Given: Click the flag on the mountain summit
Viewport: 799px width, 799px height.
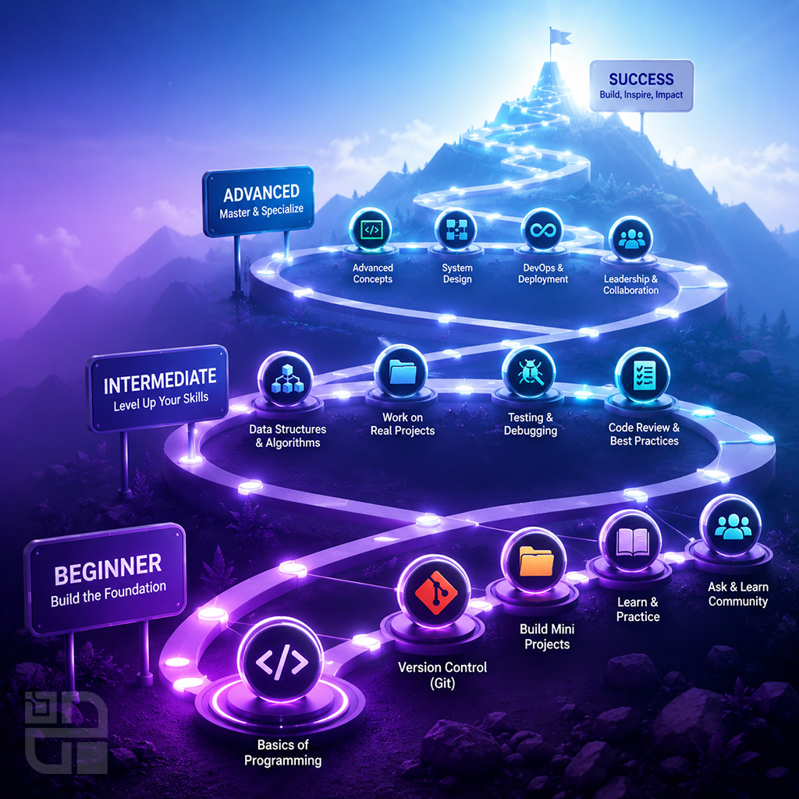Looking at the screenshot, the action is pos(559,37).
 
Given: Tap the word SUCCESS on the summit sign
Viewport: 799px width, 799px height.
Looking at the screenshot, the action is pos(641,79).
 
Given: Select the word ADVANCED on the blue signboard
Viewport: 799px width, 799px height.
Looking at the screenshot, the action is pos(261,194).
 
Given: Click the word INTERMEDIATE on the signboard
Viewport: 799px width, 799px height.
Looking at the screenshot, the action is pos(160,381).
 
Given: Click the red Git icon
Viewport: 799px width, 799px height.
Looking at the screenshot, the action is pos(435,591).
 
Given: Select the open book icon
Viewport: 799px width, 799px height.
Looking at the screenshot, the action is pos(632,542).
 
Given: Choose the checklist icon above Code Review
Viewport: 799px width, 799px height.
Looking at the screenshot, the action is pos(643,375).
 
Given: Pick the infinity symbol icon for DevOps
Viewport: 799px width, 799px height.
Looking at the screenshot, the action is pos(543,231).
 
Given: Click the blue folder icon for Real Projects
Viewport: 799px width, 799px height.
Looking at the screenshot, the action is pos(403,371).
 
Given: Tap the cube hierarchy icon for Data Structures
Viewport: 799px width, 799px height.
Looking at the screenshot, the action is pos(287,378).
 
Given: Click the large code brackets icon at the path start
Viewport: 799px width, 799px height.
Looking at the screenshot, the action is pos(281,662).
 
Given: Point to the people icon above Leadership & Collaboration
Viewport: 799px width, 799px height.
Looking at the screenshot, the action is pos(632,239).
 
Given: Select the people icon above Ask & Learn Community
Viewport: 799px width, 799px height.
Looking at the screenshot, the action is pos(733,527).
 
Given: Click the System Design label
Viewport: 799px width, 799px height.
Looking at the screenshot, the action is pos(457,274).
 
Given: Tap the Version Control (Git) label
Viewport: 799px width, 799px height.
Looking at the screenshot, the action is pos(442,675).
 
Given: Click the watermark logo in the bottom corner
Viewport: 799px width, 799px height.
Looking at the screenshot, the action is pos(66,732).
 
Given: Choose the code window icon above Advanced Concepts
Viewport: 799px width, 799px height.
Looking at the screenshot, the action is pos(371,230).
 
